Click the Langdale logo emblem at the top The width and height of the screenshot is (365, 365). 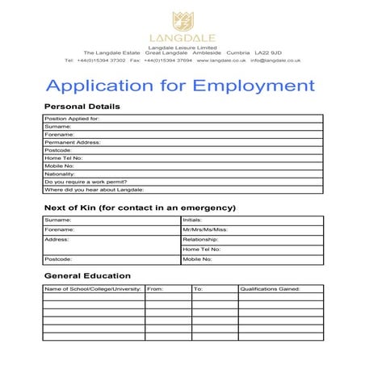pos(182,20)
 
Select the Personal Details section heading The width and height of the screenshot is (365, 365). pos(82,107)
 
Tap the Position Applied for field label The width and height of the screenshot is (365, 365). pos(72,118)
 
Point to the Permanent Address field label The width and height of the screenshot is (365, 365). pos(72,141)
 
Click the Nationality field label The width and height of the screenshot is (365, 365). pos(61,174)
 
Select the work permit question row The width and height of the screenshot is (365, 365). pos(85,182)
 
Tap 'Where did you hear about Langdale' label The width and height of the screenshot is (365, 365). pos(94,190)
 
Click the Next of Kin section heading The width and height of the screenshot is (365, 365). pos(140,208)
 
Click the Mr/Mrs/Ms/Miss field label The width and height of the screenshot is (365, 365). pos(206,229)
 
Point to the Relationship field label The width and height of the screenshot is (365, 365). pos(201,240)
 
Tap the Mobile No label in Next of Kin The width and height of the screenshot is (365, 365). pos(197,259)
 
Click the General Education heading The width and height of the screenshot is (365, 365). pos(90,276)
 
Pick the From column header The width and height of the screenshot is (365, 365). pos(156,288)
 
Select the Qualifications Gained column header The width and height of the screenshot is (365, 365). pos(270,288)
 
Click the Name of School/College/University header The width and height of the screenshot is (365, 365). pos(93,288)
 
